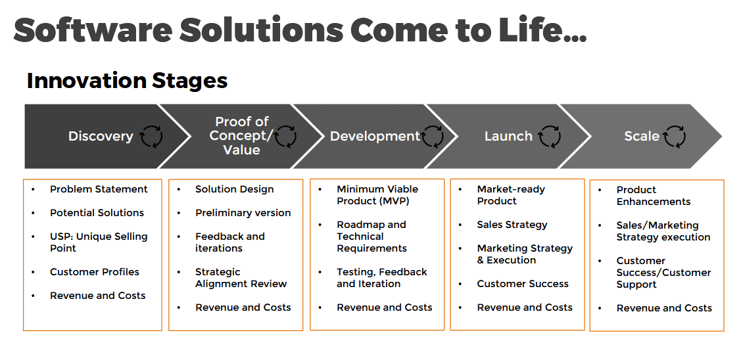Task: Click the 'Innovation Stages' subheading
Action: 127,80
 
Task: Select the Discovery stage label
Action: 101,136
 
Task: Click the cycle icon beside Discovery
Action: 151,136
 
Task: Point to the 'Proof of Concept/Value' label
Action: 242,136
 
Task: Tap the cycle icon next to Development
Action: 433,136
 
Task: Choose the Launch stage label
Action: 508,136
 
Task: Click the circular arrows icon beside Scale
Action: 675,136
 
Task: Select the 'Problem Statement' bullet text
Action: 99,189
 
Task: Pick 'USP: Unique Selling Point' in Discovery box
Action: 99,242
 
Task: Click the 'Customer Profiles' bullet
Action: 94,272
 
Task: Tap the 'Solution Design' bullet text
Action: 235,189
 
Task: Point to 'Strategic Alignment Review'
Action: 241,278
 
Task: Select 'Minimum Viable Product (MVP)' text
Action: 377,195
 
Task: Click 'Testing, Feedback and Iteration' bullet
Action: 382,278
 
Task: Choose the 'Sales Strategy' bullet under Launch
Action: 512,225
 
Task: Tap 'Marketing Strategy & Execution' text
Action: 525,254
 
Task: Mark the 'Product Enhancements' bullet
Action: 654,195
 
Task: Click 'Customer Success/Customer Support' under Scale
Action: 663,273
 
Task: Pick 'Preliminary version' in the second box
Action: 243,213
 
